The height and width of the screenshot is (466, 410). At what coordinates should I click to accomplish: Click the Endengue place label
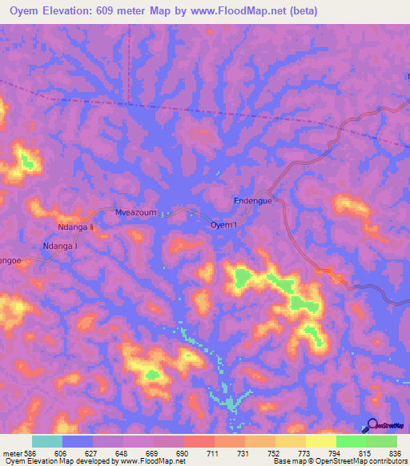coord(252,201)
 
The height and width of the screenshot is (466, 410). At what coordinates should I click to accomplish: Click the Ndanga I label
coord(60,246)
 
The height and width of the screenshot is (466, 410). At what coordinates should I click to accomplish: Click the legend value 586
coord(28,452)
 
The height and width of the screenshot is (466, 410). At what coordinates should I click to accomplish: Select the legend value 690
coord(183,452)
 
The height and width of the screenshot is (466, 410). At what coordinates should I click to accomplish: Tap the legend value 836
coord(397,452)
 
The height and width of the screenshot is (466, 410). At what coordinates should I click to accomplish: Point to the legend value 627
coord(92,452)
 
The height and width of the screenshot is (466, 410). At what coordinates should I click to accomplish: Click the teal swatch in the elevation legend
coord(47,441)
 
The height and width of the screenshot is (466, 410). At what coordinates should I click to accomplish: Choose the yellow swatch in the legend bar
coord(320,441)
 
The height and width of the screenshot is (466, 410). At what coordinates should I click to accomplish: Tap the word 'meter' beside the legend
coord(10,452)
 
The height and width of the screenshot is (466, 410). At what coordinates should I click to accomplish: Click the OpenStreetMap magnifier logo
coord(370,426)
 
